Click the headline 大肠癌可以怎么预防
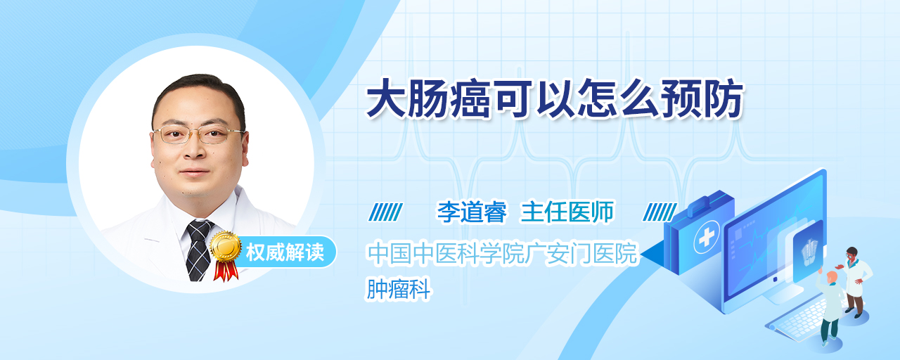[x=555, y=99]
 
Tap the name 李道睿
[x=472, y=212]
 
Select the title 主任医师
[x=567, y=212]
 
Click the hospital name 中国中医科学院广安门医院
[x=502, y=253]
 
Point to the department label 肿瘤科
[x=399, y=289]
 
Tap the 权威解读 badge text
[x=285, y=252]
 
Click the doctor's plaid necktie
[x=199, y=250]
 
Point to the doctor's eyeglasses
[x=198, y=134]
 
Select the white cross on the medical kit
[x=707, y=237]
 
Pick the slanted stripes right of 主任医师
[x=660, y=212]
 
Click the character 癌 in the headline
[x=470, y=99]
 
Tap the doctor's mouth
[x=195, y=173]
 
